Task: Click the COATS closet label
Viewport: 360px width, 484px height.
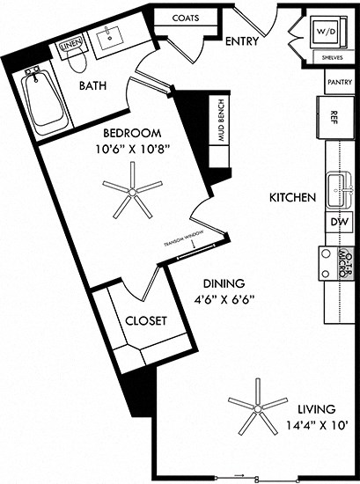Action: pos(185,18)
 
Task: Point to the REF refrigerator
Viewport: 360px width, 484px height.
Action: pos(334,115)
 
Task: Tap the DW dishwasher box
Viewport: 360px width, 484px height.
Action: pos(339,224)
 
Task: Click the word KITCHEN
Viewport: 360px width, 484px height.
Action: pos(292,198)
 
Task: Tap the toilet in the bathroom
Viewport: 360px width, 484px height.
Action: pos(77,62)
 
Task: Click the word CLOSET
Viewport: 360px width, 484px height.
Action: pos(146,321)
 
